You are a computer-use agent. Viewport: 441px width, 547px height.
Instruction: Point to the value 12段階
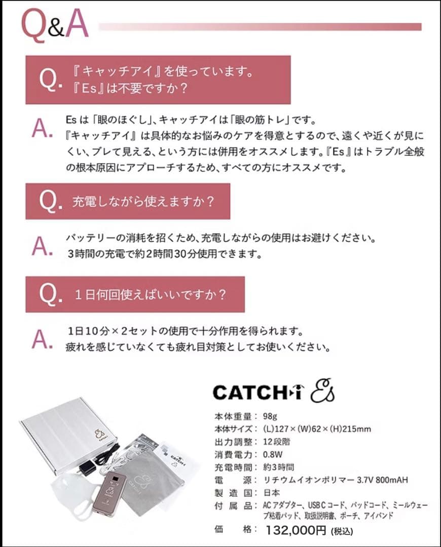click(277, 442)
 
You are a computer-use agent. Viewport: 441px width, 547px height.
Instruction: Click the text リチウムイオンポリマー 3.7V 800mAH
click(335, 480)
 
